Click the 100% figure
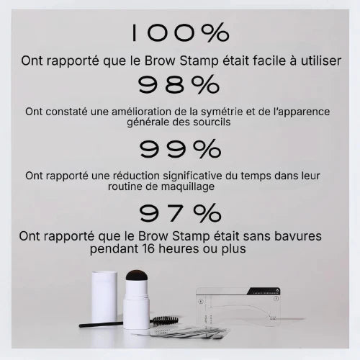coord(180,32)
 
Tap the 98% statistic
coord(179,84)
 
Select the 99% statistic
coord(180,149)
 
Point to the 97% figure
coord(180,212)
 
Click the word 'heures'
coord(179,248)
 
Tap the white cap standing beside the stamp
coord(104,297)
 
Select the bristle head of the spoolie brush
coord(166,320)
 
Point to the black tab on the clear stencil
coord(264,291)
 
